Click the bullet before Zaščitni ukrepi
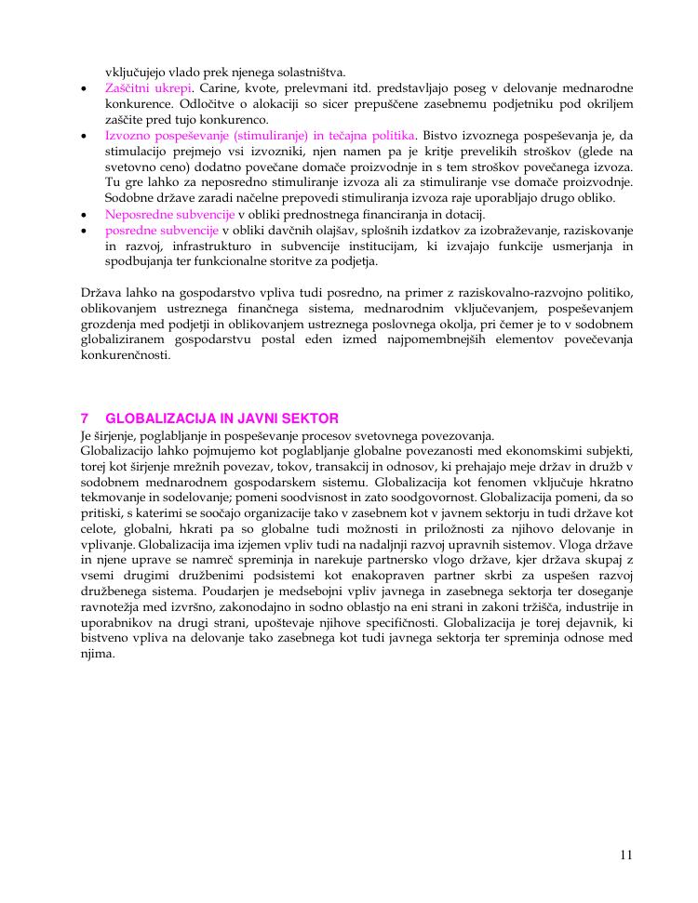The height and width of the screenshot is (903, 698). point(85,88)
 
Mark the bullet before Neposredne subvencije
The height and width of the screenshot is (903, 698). point(85,215)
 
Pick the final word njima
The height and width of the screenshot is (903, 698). point(98,654)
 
